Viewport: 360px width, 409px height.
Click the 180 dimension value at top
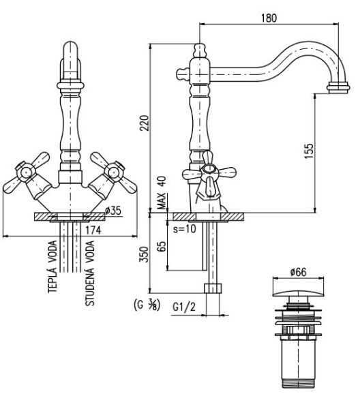click(x=269, y=18)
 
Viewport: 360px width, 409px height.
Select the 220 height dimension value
click(x=145, y=123)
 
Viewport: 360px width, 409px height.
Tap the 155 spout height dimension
click(x=309, y=151)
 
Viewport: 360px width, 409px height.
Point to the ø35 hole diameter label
click(x=113, y=211)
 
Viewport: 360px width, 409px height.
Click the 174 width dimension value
click(x=93, y=230)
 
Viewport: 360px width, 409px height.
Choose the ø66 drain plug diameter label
click(x=298, y=272)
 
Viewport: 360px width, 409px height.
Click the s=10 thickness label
click(x=185, y=229)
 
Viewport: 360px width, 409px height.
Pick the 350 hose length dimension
click(x=144, y=254)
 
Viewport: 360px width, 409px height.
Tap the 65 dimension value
click(x=162, y=246)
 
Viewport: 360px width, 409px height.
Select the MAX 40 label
click(x=162, y=193)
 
